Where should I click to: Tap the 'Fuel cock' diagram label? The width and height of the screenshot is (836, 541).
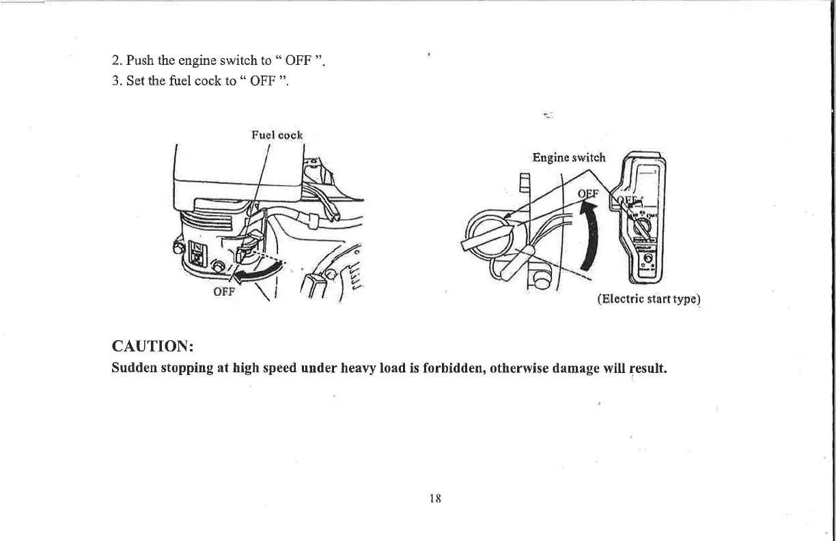click(x=277, y=135)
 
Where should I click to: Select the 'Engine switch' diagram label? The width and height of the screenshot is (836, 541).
click(x=569, y=158)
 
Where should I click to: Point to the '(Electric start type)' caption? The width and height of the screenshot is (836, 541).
click(x=649, y=299)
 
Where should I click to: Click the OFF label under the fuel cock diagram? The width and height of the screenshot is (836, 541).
click(x=223, y=291)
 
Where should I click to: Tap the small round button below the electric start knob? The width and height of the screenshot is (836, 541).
click(x=647, y=259)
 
